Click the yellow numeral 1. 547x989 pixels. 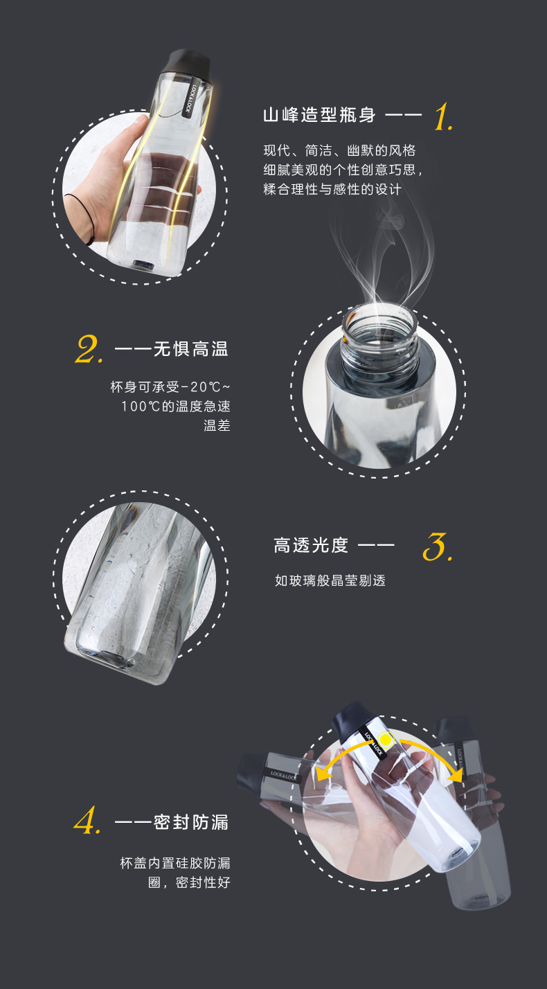(443, 116)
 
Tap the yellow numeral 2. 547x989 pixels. (89, 349)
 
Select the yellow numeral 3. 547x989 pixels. (437, 546)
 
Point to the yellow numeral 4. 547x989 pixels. (87, 820)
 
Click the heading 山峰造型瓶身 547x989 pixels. (319, 115)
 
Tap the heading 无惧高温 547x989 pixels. (190, 349)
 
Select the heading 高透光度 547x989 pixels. (311, 545)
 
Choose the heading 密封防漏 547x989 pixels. (190, 822)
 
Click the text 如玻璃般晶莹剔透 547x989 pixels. (330, 580)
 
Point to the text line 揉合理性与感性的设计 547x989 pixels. (332, 189)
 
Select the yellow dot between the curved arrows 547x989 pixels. (386, 740)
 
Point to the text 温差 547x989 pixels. (217, 426)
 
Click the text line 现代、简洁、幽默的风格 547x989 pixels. (339, 150)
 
